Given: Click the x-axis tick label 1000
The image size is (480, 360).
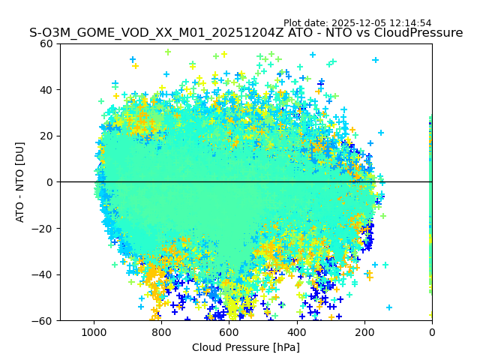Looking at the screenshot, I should pyautogui.click(x=94, y=332).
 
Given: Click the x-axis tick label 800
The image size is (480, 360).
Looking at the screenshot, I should pyautogui.click(x=161, y=332).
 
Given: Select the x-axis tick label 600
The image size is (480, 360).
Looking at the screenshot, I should pyautogui.click(x=229, y=332).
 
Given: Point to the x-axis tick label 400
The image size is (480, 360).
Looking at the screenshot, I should pyautogui.click(x=296, y=332).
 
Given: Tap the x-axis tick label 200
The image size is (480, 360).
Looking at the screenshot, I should pyautogui.click(x=364, y=332).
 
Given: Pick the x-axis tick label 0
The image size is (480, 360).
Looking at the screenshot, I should pyautogui.click(x=432, y=332).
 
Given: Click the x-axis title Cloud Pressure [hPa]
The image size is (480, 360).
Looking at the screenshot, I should pyautogui.click(x=246, y=347).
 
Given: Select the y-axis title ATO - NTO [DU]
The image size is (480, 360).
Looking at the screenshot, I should pyautogui.click(x=20, y=182).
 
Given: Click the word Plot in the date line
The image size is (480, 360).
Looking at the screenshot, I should pyautogui.click(x=293, y=23).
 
